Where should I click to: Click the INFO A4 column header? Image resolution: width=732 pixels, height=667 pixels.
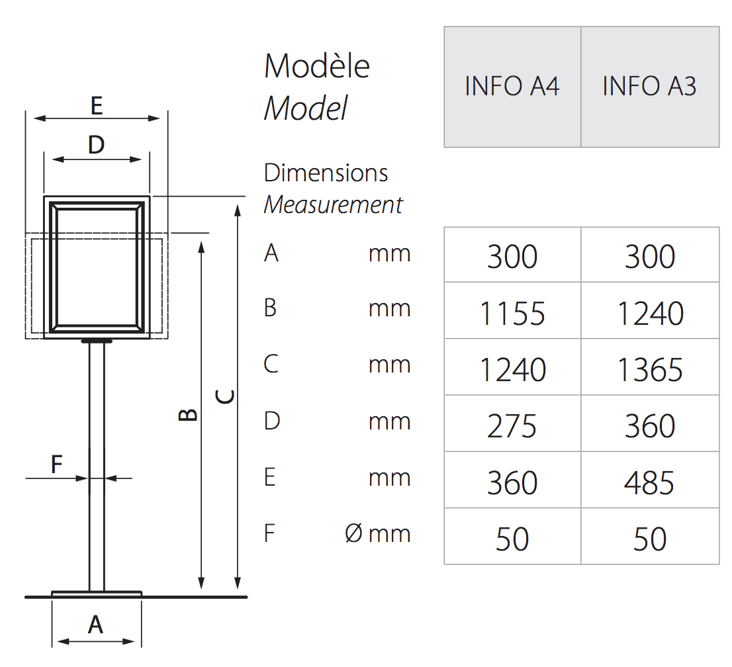coord(512,86)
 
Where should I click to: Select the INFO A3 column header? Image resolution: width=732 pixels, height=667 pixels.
coord(649,86)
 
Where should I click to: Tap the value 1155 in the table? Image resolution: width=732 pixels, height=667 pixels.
coord(512,313)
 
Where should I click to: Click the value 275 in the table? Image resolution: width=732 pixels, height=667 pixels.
coord(512,426)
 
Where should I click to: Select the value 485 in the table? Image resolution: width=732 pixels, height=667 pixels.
coord(649,482)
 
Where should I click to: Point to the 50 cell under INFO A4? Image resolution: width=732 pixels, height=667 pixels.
coord(512,539)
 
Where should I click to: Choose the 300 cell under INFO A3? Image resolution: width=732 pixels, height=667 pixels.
coord(650,257)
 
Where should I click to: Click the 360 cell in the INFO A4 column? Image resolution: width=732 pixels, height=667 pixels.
coord(512,482)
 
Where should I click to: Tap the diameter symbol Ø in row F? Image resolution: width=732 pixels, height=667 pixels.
coord(354,533)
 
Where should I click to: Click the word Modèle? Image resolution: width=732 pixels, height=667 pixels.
coord(317,66)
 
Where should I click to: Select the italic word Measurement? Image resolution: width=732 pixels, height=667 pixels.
coord(333,204)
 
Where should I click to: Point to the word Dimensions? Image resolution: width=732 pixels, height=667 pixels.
coord(326,173)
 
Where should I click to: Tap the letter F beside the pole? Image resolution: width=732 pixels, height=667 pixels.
coord(56,465)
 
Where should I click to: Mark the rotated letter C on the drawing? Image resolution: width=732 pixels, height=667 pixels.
coord(225,397)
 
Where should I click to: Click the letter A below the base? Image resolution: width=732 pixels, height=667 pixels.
coord(96,625)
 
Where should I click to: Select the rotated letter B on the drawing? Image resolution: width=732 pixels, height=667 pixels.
coord(188,415)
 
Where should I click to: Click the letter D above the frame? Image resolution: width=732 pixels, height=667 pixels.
coord(97,145)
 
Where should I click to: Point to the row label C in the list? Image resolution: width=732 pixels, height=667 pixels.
coord(271,364)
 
